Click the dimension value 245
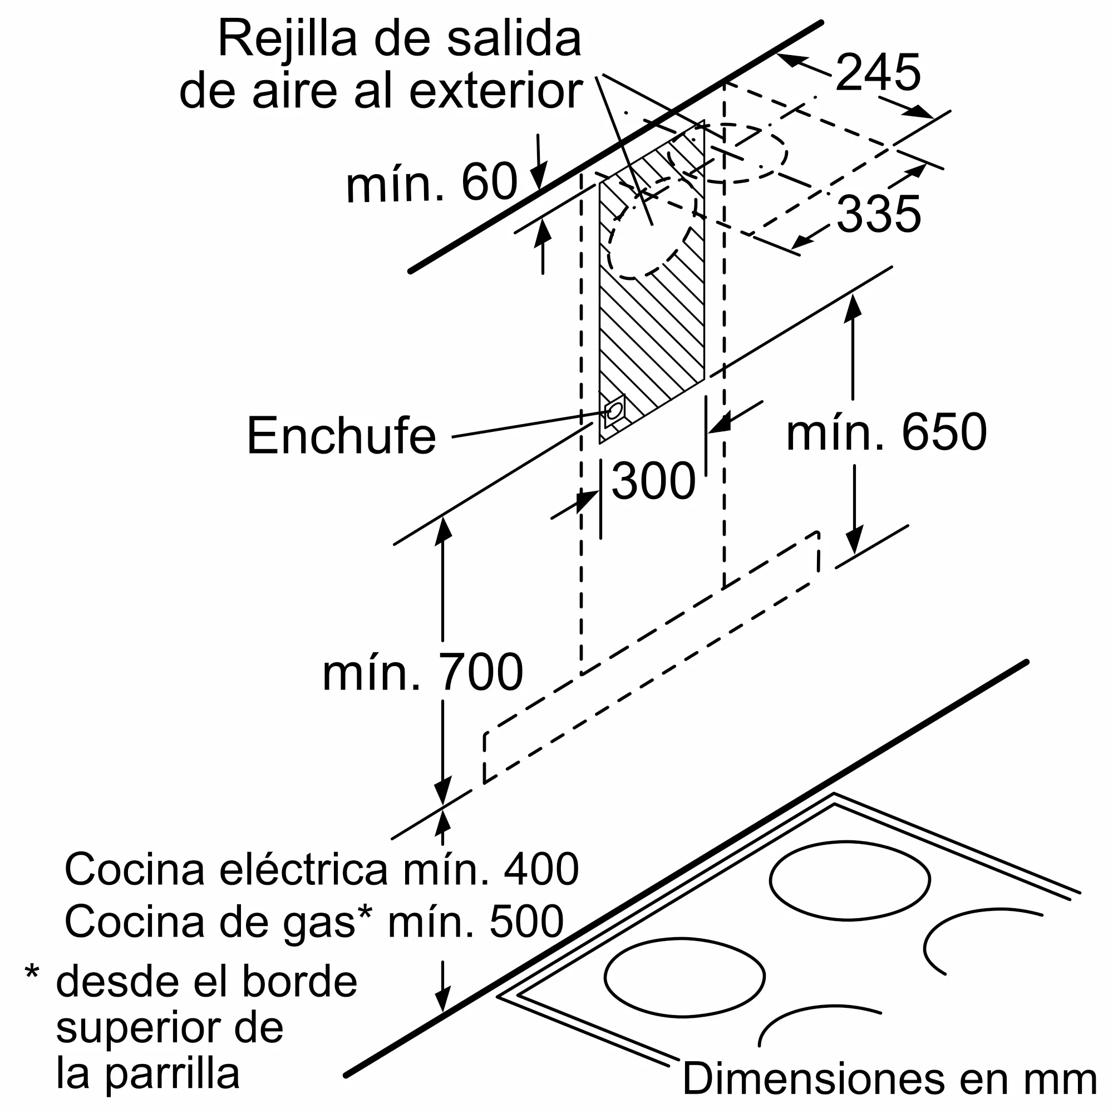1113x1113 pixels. click(x=878, y=72)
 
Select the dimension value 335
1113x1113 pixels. click(x=878, y=214)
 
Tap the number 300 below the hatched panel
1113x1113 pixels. click(x=653, y=481)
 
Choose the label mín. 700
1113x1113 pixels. click(x=422, y=672)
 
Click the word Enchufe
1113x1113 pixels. click(x=341, y=436)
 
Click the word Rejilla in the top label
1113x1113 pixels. click(x=288, y=39)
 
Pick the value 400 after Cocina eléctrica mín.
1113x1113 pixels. click(x=541, y=869)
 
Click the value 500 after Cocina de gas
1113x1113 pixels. click(x=526, y=921)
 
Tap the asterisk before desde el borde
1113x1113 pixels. click(x=32, y=972)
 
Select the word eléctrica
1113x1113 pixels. click(x=303, y=869)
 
